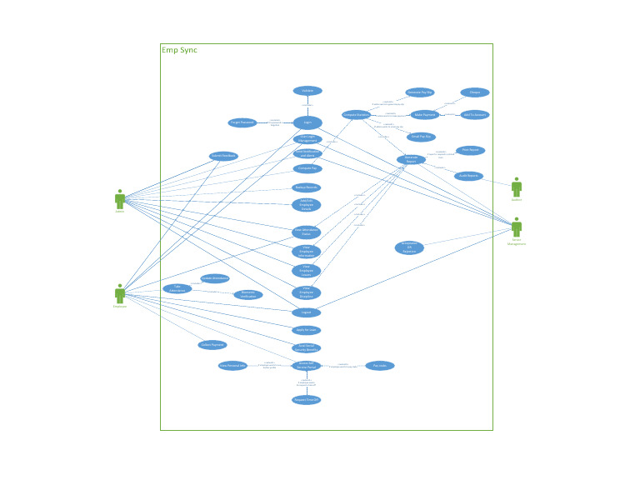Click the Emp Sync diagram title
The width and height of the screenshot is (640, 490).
coord(179,50)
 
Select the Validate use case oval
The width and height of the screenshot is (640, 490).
coord(307,91)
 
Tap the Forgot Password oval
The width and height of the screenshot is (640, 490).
coord(242,122)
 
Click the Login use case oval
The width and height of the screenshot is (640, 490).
coord(307,122)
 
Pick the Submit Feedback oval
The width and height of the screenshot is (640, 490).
coord(223,156)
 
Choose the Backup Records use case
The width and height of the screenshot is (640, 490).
coord(307,187)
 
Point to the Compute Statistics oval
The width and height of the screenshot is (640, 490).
coord(357,115)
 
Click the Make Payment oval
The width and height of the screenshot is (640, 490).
coord(425,115)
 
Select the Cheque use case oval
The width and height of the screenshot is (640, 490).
coord(475,92)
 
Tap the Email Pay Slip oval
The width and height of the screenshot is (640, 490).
coord(420,137)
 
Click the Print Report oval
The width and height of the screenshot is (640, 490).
coord(470,151)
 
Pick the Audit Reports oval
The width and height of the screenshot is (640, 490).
coord(469,176)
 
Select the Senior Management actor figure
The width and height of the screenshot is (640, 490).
coord(517,227)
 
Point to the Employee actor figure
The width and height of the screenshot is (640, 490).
coord(120,293)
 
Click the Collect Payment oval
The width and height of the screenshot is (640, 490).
coord(212,344)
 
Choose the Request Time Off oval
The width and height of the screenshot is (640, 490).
coord(307,400)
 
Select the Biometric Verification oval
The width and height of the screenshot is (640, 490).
coord(247,294)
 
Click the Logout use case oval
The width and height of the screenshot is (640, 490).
coord(307,312)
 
